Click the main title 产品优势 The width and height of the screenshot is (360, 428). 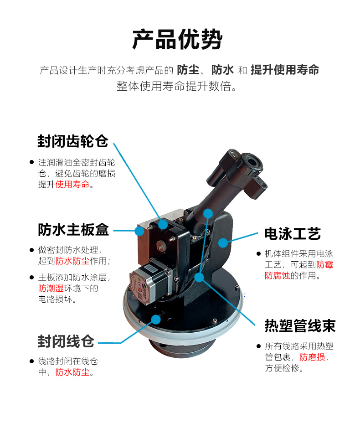[x=177, y=40]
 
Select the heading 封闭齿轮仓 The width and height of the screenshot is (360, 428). [x=73, y=141]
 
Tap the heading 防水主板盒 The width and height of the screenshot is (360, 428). [x=73, y=230]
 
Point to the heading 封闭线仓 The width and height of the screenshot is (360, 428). [x=66, y=341]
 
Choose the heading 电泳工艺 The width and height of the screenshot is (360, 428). [x=293, y=234]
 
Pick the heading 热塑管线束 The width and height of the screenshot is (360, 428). [x=300, y=325]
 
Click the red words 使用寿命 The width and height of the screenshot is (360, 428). [x=72, y=184]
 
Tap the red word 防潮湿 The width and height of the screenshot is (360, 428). [x=51, y=288]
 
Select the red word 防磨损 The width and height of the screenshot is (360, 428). [x=312, y=357]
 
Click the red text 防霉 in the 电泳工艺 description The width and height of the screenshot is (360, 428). [x=325, y=264]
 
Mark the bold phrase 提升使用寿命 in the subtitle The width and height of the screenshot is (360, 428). [x=285, y=70]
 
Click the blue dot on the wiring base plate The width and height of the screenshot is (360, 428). [x=156, y=320]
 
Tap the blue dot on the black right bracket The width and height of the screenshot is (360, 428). [x=223, y=242]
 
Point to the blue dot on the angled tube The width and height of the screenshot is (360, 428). [x=208, y=213]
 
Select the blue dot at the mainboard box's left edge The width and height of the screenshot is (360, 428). [x=139, y=231]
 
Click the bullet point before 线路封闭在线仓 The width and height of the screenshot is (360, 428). [x=31, y=361]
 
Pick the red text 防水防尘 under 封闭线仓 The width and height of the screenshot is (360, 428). [x=72, y=372]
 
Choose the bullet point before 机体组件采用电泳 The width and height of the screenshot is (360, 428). [x=258, y=253]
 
